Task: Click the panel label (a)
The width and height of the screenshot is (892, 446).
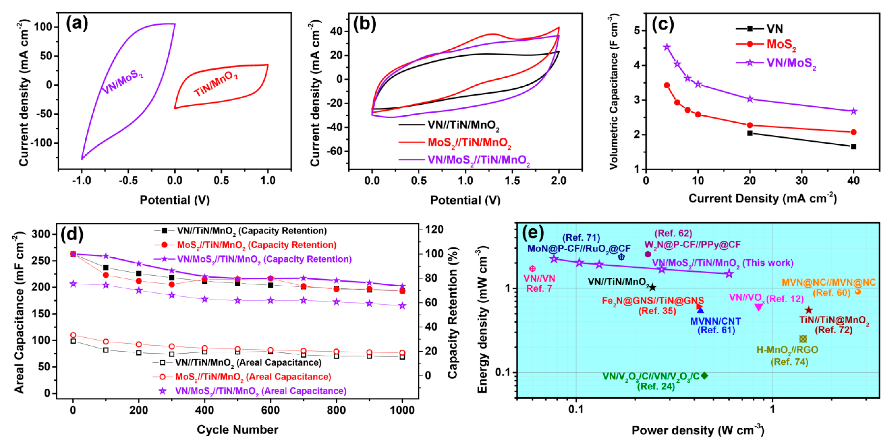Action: point(77,24)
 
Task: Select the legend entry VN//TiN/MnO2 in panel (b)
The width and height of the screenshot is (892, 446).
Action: point(463,125)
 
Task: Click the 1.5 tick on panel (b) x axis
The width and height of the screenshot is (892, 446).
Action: point(512,180)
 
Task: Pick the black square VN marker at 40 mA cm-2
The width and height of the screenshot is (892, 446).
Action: point(853,147)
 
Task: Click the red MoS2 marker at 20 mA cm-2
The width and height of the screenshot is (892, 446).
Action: point(750,125)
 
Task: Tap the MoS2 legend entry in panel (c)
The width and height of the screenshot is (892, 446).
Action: point(781,44)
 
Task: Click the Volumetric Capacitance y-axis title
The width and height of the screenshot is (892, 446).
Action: point(614,92)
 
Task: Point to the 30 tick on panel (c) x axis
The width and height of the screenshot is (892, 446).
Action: point(802,180)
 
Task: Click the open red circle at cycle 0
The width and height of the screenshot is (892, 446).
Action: point(73,335)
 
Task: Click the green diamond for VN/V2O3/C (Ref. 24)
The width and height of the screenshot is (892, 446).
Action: point(704,375)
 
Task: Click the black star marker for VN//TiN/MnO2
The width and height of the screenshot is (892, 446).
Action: point(652,287)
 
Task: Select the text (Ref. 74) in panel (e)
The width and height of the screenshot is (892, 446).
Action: point(789,362)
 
